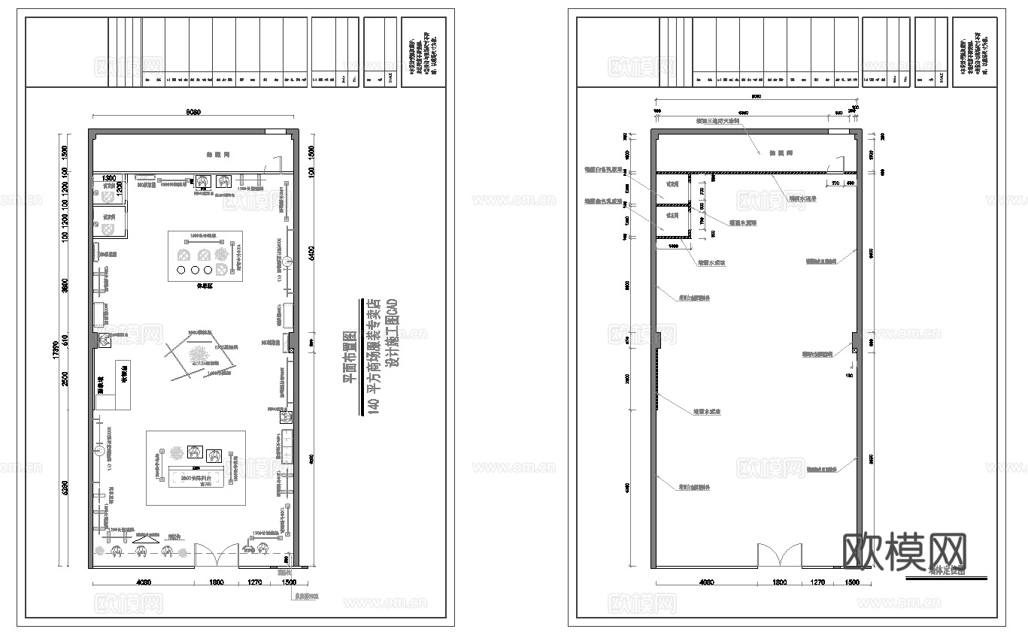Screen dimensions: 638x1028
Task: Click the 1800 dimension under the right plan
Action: [x=779, y=582]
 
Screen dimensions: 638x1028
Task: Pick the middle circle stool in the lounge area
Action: [x=196, y=270]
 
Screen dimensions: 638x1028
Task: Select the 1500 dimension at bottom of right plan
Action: [x=852, y=582]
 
